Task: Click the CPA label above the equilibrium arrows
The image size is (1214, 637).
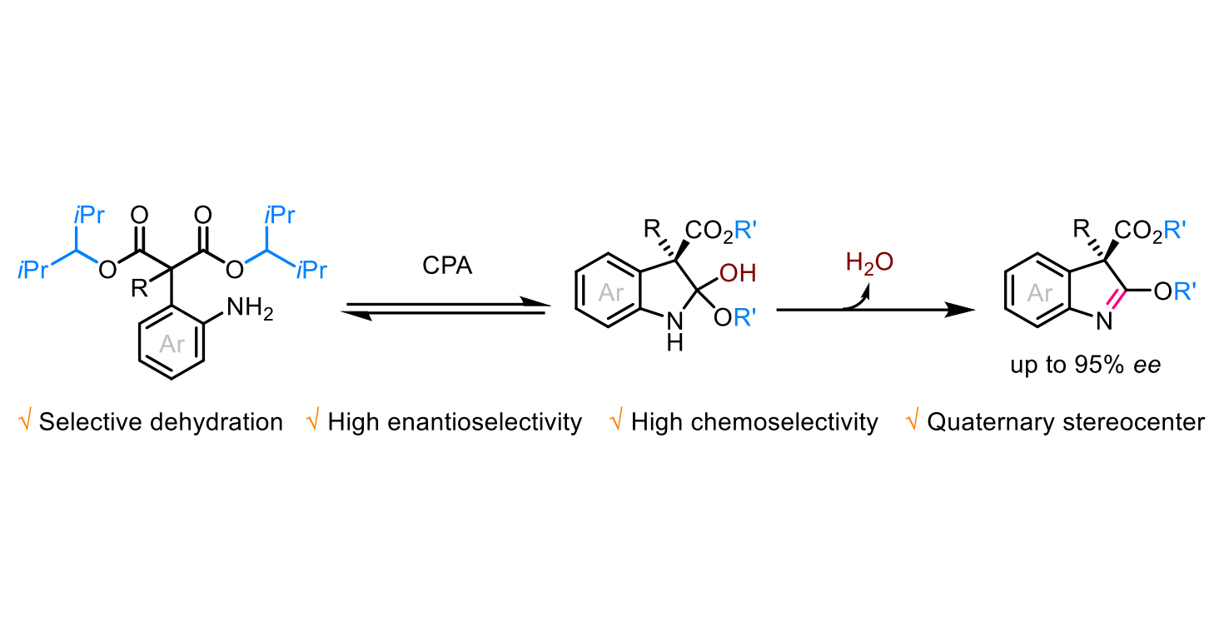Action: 447,266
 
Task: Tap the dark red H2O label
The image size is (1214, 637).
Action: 869,263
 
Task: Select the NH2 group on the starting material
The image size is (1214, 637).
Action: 250,308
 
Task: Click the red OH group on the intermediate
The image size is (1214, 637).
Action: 738,273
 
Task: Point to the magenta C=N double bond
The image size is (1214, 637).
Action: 1114,300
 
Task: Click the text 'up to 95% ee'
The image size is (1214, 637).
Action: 1086,365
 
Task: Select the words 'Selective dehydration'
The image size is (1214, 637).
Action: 161,422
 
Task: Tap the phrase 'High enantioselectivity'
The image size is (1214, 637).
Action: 455,422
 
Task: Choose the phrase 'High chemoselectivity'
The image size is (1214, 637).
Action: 754,422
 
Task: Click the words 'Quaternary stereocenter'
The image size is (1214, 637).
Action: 1066,422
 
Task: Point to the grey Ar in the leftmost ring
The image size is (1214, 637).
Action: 172,344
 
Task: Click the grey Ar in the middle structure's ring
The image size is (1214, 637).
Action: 611,293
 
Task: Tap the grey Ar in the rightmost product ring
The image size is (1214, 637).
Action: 1039,293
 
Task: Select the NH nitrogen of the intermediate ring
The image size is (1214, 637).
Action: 674,321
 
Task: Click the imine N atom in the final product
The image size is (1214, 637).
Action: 1104,321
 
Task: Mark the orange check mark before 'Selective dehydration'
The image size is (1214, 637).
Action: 24,421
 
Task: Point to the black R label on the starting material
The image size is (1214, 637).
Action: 139,288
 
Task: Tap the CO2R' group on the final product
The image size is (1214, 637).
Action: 1150,231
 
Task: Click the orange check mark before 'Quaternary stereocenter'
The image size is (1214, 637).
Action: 912,421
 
